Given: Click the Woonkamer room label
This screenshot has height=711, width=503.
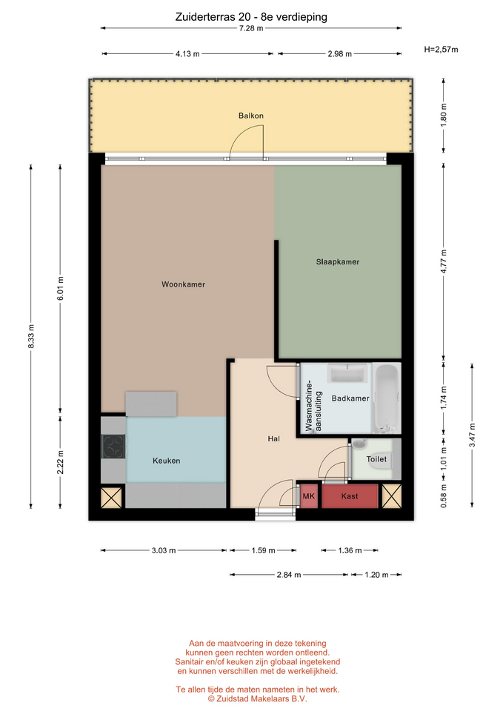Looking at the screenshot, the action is tap(183, 284).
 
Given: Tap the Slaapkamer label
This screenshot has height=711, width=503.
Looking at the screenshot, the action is tap(338, 261).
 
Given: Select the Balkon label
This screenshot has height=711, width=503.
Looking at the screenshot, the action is tap(251, 116).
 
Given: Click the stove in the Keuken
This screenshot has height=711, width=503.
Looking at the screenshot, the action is tap(113, 446).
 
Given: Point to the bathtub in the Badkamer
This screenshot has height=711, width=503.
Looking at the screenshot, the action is tap(387, 398).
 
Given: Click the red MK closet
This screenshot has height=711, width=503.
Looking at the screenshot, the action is tap(308, 496).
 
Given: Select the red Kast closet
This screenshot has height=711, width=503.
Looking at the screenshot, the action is tap(350, 496).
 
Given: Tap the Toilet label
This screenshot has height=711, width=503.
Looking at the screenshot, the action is tap(376, 459).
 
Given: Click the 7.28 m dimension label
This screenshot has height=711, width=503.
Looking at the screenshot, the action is tap(251, 28).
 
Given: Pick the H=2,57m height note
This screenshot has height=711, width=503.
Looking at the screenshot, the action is tap(441, 50).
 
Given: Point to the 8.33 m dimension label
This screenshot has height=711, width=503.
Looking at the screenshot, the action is tap(31, 336).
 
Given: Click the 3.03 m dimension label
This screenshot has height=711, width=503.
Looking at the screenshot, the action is tap(163, 550).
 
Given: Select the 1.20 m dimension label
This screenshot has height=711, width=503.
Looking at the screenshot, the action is tap(376, 575).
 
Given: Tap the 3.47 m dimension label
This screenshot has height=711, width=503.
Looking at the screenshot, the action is tap(472, 435).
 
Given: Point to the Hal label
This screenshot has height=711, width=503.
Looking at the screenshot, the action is tap(273, 438).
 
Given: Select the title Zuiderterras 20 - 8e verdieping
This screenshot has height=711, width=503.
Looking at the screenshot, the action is tap(251, 17).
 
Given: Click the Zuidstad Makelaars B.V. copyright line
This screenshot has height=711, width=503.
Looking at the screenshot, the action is tap(257, 698).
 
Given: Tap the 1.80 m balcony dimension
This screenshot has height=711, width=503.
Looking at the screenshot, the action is tap(444, 116).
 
